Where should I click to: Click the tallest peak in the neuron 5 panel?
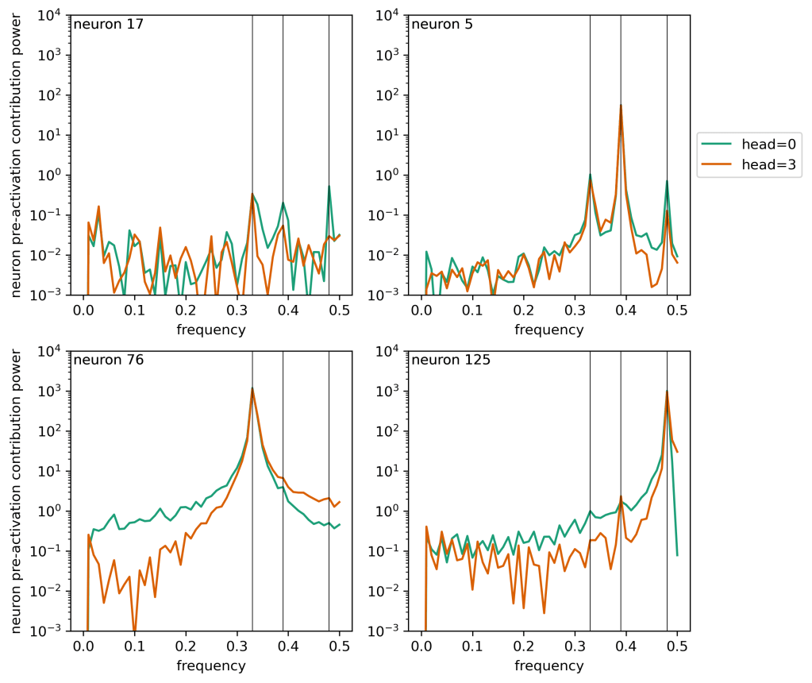tap(621, 105)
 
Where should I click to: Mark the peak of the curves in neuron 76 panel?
tap(252, 388)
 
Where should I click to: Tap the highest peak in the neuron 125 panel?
tap(667, 391)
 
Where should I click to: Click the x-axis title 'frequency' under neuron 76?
tap(210, 665)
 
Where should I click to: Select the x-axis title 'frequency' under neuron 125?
tap(548, 665)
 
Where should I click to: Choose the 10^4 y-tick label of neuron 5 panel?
tap(387, 15)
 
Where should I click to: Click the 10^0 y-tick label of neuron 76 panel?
tap(49, 511)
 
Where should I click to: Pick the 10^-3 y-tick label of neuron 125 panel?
tap(385, 631)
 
